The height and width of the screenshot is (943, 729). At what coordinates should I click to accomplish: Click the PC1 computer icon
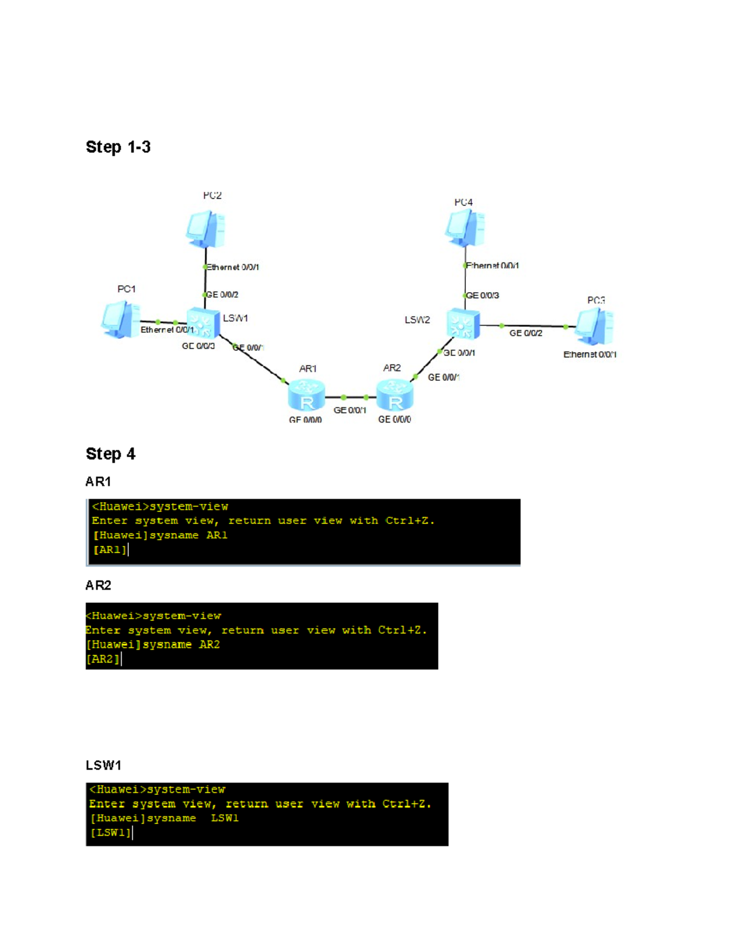(x=120, y=319)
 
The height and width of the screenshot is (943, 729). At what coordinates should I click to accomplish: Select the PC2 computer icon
(x=206, y=229)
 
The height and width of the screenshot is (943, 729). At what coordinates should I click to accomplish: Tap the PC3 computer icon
(x=594, y=326)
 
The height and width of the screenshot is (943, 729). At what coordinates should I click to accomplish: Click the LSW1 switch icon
(x=203, y=322)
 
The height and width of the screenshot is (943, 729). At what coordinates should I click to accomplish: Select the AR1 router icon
(x=306, y=395)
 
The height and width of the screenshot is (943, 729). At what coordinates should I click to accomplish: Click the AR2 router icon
(x=395, y=395)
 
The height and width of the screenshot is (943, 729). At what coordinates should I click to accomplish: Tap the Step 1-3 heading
(x=118, y=147)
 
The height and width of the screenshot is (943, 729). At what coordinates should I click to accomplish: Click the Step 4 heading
(x=111, y=454)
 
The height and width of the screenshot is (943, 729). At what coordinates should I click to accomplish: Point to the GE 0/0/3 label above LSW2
(x=482, y=296)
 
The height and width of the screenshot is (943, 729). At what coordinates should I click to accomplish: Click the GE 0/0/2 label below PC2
(x=222, y=294)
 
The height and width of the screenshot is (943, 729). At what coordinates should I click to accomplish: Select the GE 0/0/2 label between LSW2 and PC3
(x=525, y=333)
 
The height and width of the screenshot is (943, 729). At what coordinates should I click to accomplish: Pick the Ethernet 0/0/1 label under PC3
(x=589, y=355)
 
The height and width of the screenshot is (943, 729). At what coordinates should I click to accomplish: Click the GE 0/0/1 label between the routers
(x=350, y=410)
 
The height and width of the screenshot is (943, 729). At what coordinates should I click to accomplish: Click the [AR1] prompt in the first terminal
(x=110, y=550)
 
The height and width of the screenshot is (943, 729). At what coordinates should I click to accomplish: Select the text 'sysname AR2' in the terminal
(x=181, y=645)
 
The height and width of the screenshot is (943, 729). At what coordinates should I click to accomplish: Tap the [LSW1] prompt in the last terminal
(x=110, y=832)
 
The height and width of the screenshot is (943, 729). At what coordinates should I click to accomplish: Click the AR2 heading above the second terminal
(x=98, y=585)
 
